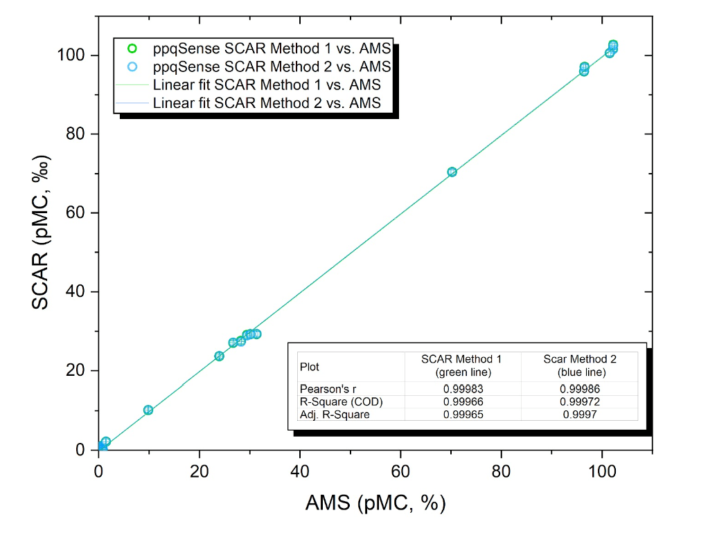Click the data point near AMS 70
[452, 172]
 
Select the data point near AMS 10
[148, 410]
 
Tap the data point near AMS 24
[219, 356]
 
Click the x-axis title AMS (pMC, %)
[375, 504]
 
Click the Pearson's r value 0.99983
[461, 388]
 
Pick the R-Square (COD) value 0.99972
[579, 401]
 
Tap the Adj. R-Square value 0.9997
[579, 415]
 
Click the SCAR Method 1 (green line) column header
[461, 365]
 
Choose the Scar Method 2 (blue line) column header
[579, 365]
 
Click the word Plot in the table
[309, 366]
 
